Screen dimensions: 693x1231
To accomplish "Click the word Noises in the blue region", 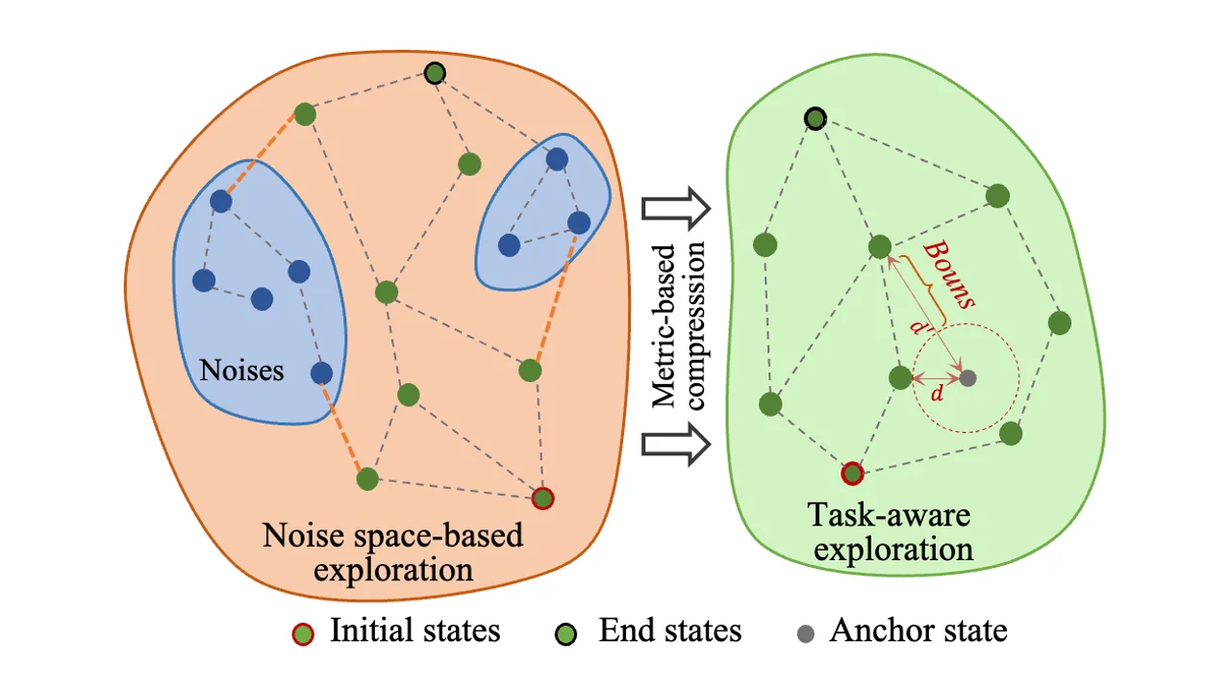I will click(x=241, y=370).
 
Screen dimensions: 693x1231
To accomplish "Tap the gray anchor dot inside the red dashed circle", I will click(x=967, y=378).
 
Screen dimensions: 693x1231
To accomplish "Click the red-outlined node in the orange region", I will click(x=543, y=498).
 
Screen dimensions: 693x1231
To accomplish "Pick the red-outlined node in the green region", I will click(x=851, y=473).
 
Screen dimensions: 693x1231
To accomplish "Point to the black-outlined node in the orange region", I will click(x=435, y=72).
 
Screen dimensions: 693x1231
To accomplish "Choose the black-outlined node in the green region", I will click(x=815, y=118).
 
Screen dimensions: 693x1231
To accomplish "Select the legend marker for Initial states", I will click(x=304, y=633).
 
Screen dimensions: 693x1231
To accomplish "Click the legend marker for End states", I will click(x=567, y=633).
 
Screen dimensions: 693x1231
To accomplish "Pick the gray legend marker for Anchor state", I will click(x=806, y=633).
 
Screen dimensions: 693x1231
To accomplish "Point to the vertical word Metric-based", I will click(x=664, y=327).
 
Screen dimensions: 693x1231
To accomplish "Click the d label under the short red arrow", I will click(x=938, y=395).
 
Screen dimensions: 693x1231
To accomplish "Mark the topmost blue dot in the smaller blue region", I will click(x=556, y=159).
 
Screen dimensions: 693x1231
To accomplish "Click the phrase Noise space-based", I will click(x=392, y=534).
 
